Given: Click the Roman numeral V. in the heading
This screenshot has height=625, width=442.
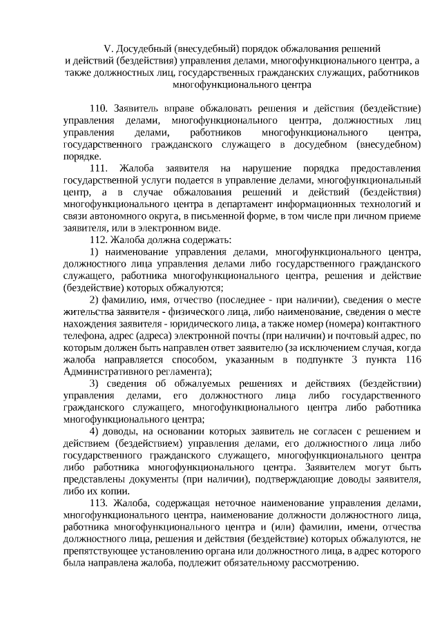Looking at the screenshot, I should click(x=108, y=49).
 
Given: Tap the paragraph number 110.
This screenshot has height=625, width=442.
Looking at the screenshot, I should click(x=99, y=109).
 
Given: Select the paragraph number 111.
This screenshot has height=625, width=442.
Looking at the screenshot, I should click(x=99, y=169).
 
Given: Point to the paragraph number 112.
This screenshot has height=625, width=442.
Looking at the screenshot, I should click(x=99, y=240).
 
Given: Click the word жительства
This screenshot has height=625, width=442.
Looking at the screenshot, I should click(x=86, y=311).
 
